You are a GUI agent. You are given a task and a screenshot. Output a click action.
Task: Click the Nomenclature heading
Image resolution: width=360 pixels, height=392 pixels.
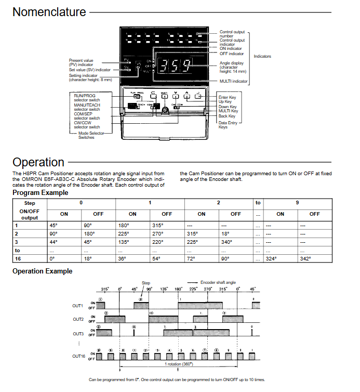point(49,11)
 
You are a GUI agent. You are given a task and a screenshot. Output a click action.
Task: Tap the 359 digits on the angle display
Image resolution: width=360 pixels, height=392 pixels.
point(175,66)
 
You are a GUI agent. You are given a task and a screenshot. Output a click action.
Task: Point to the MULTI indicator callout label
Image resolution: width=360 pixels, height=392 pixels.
point(234,82)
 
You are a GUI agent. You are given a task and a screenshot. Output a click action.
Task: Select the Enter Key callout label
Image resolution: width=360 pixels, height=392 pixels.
point(228,97)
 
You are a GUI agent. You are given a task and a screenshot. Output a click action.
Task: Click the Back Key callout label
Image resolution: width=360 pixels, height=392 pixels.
point(227,116)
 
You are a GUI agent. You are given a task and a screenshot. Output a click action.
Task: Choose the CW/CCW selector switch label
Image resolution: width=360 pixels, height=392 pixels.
point(87,125)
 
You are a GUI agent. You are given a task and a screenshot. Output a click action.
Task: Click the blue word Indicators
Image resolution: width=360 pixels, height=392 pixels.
point(262,56)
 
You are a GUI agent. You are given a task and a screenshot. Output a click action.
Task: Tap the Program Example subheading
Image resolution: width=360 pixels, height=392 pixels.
point(40,193)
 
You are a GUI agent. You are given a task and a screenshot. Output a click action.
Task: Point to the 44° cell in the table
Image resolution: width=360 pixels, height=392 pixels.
point(54,242)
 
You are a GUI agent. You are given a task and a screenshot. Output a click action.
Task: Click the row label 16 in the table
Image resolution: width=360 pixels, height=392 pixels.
point(18,258)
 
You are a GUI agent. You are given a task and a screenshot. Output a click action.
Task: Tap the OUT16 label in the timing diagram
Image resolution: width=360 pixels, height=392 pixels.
point(79,356)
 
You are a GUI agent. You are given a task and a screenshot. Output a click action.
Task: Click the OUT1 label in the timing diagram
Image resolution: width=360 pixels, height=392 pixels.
point(78,305)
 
